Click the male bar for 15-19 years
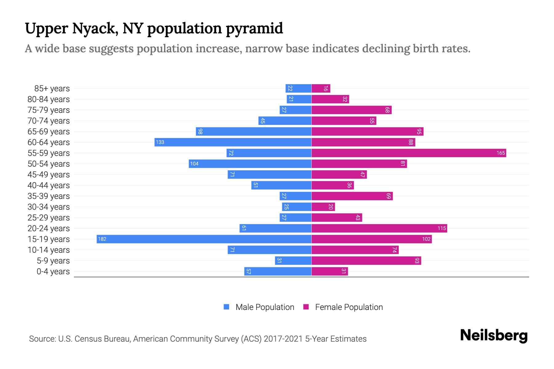(204, 239)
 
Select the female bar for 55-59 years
(409, 153)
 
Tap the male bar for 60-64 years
(233, 142)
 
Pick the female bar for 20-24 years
(379, 228)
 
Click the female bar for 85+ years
(321, 88)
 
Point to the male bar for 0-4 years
(278, 271)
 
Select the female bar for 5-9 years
(366, 260)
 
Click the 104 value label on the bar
(194, 164)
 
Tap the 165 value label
(500, 153)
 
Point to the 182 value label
(102, 239)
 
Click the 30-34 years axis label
(49, 207)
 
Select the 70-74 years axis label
(49, 121)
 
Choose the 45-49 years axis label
(49, 174)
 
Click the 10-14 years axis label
(49, 250)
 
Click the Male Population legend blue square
(227, 307)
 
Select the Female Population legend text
(349, 307)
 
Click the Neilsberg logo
(494, 335)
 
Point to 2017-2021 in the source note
(283, 339)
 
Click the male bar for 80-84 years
(299, 99)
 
